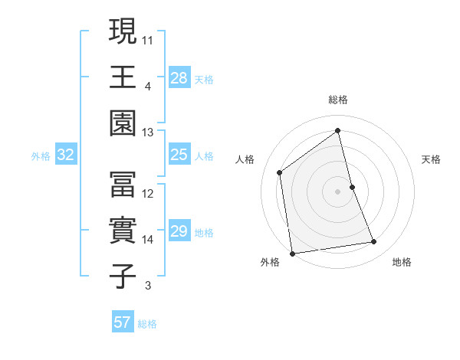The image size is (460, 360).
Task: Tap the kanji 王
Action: tap(123, 77)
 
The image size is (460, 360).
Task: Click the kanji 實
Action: tap(123, 230)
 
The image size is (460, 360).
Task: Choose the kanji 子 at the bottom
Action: tap(123, 276)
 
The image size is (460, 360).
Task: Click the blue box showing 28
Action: tap(179, 78)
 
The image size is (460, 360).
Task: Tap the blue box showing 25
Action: tap(179, 155)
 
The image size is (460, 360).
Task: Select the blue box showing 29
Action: tap(179, 232)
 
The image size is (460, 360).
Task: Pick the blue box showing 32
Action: tap(66, 155)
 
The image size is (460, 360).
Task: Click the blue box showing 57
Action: tap(123, 322)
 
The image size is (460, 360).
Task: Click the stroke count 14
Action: tap(148, 240)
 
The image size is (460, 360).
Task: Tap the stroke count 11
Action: tap(148, 39)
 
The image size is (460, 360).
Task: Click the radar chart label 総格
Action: tap(338, 100)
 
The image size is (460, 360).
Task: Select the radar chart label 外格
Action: tap(270, 262)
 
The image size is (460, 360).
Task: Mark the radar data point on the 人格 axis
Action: tap(280, 172)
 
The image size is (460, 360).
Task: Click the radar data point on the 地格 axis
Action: tap(374, 242)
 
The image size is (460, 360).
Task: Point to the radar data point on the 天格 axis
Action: tap(353, 187)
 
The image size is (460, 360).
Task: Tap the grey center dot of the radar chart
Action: tap(338, 191)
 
